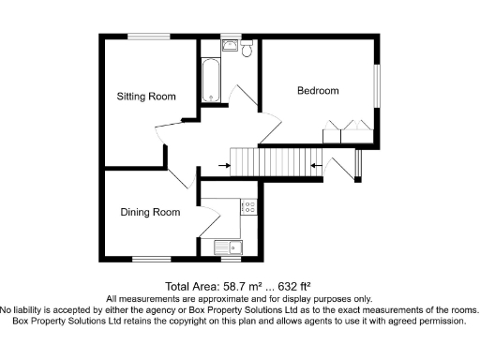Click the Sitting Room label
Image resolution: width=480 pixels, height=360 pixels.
tap(146, 97)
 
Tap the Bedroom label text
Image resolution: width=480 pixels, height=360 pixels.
tap(318, 91)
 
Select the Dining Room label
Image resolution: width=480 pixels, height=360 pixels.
tap(150, 213)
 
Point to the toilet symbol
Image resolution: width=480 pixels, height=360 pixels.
tap(247, 50)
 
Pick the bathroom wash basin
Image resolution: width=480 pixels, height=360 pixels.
tap(230, 45)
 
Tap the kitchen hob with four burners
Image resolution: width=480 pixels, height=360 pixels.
tap(248, 209)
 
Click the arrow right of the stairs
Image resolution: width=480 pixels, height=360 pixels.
tap(316, 168)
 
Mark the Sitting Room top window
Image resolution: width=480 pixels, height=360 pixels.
tap(149, 36)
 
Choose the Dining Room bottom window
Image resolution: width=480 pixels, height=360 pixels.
tap(148, 259)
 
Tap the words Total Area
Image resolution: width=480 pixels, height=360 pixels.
tap(191, 285)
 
